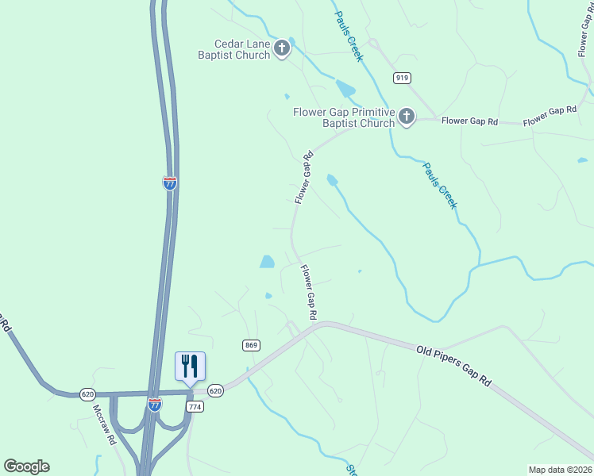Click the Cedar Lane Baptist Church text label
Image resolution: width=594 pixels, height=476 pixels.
click(234, 50)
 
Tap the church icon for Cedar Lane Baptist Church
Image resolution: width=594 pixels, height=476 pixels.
click(281, 50)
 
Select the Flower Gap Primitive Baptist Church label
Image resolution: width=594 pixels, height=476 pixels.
click(344, 117)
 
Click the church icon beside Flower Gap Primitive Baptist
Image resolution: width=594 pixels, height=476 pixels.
click(406, 117)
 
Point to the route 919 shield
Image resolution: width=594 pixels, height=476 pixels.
click(401, 77)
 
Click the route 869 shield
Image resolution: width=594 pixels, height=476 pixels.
click(251, 345)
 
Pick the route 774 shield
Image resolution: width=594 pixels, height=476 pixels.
click(195, 406)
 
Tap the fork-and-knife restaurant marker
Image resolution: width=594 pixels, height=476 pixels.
click(190, 366)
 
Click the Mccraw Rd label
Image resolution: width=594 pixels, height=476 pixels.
click(104, 425)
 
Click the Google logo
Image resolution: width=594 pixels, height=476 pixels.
click(26, 466)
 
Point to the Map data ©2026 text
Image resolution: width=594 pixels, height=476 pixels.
click(560, 469)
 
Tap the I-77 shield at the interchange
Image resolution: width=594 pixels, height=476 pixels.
click(155, 405)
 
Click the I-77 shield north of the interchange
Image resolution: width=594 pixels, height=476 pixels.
click(170, 182)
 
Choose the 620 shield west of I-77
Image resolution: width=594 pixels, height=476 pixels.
click(87, 393)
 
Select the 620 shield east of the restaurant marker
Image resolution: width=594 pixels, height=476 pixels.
click(215, 391)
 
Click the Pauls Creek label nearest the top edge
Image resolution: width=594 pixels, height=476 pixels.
click(348, 36)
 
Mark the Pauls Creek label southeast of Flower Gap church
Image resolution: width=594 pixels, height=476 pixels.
click(439, 186)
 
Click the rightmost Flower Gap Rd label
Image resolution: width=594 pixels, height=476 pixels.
click(550, 115)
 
